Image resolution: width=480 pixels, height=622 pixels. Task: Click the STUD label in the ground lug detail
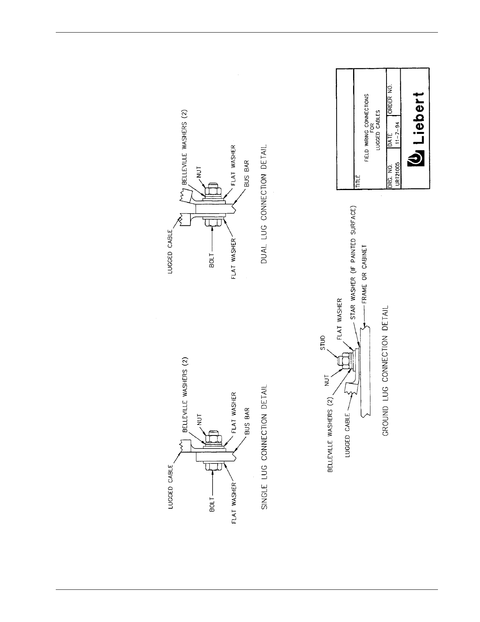322,342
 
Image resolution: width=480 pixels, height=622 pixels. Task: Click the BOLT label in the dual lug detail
212,260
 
